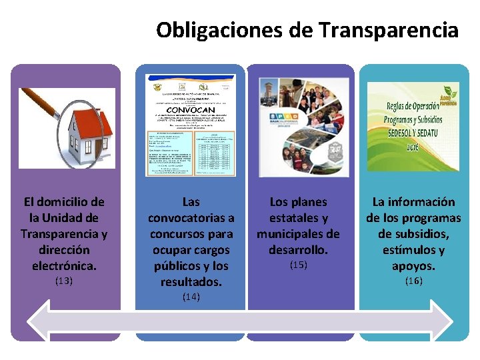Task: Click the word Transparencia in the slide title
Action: [x=388, y=30]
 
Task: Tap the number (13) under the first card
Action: [x=63, y=281]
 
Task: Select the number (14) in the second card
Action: [x=191, y=297]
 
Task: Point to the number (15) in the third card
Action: [x=298, y=265]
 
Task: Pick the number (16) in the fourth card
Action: [x=413, y=281]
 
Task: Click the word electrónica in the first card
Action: [x=63, y=266]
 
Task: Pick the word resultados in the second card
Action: [x=191, y=282]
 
